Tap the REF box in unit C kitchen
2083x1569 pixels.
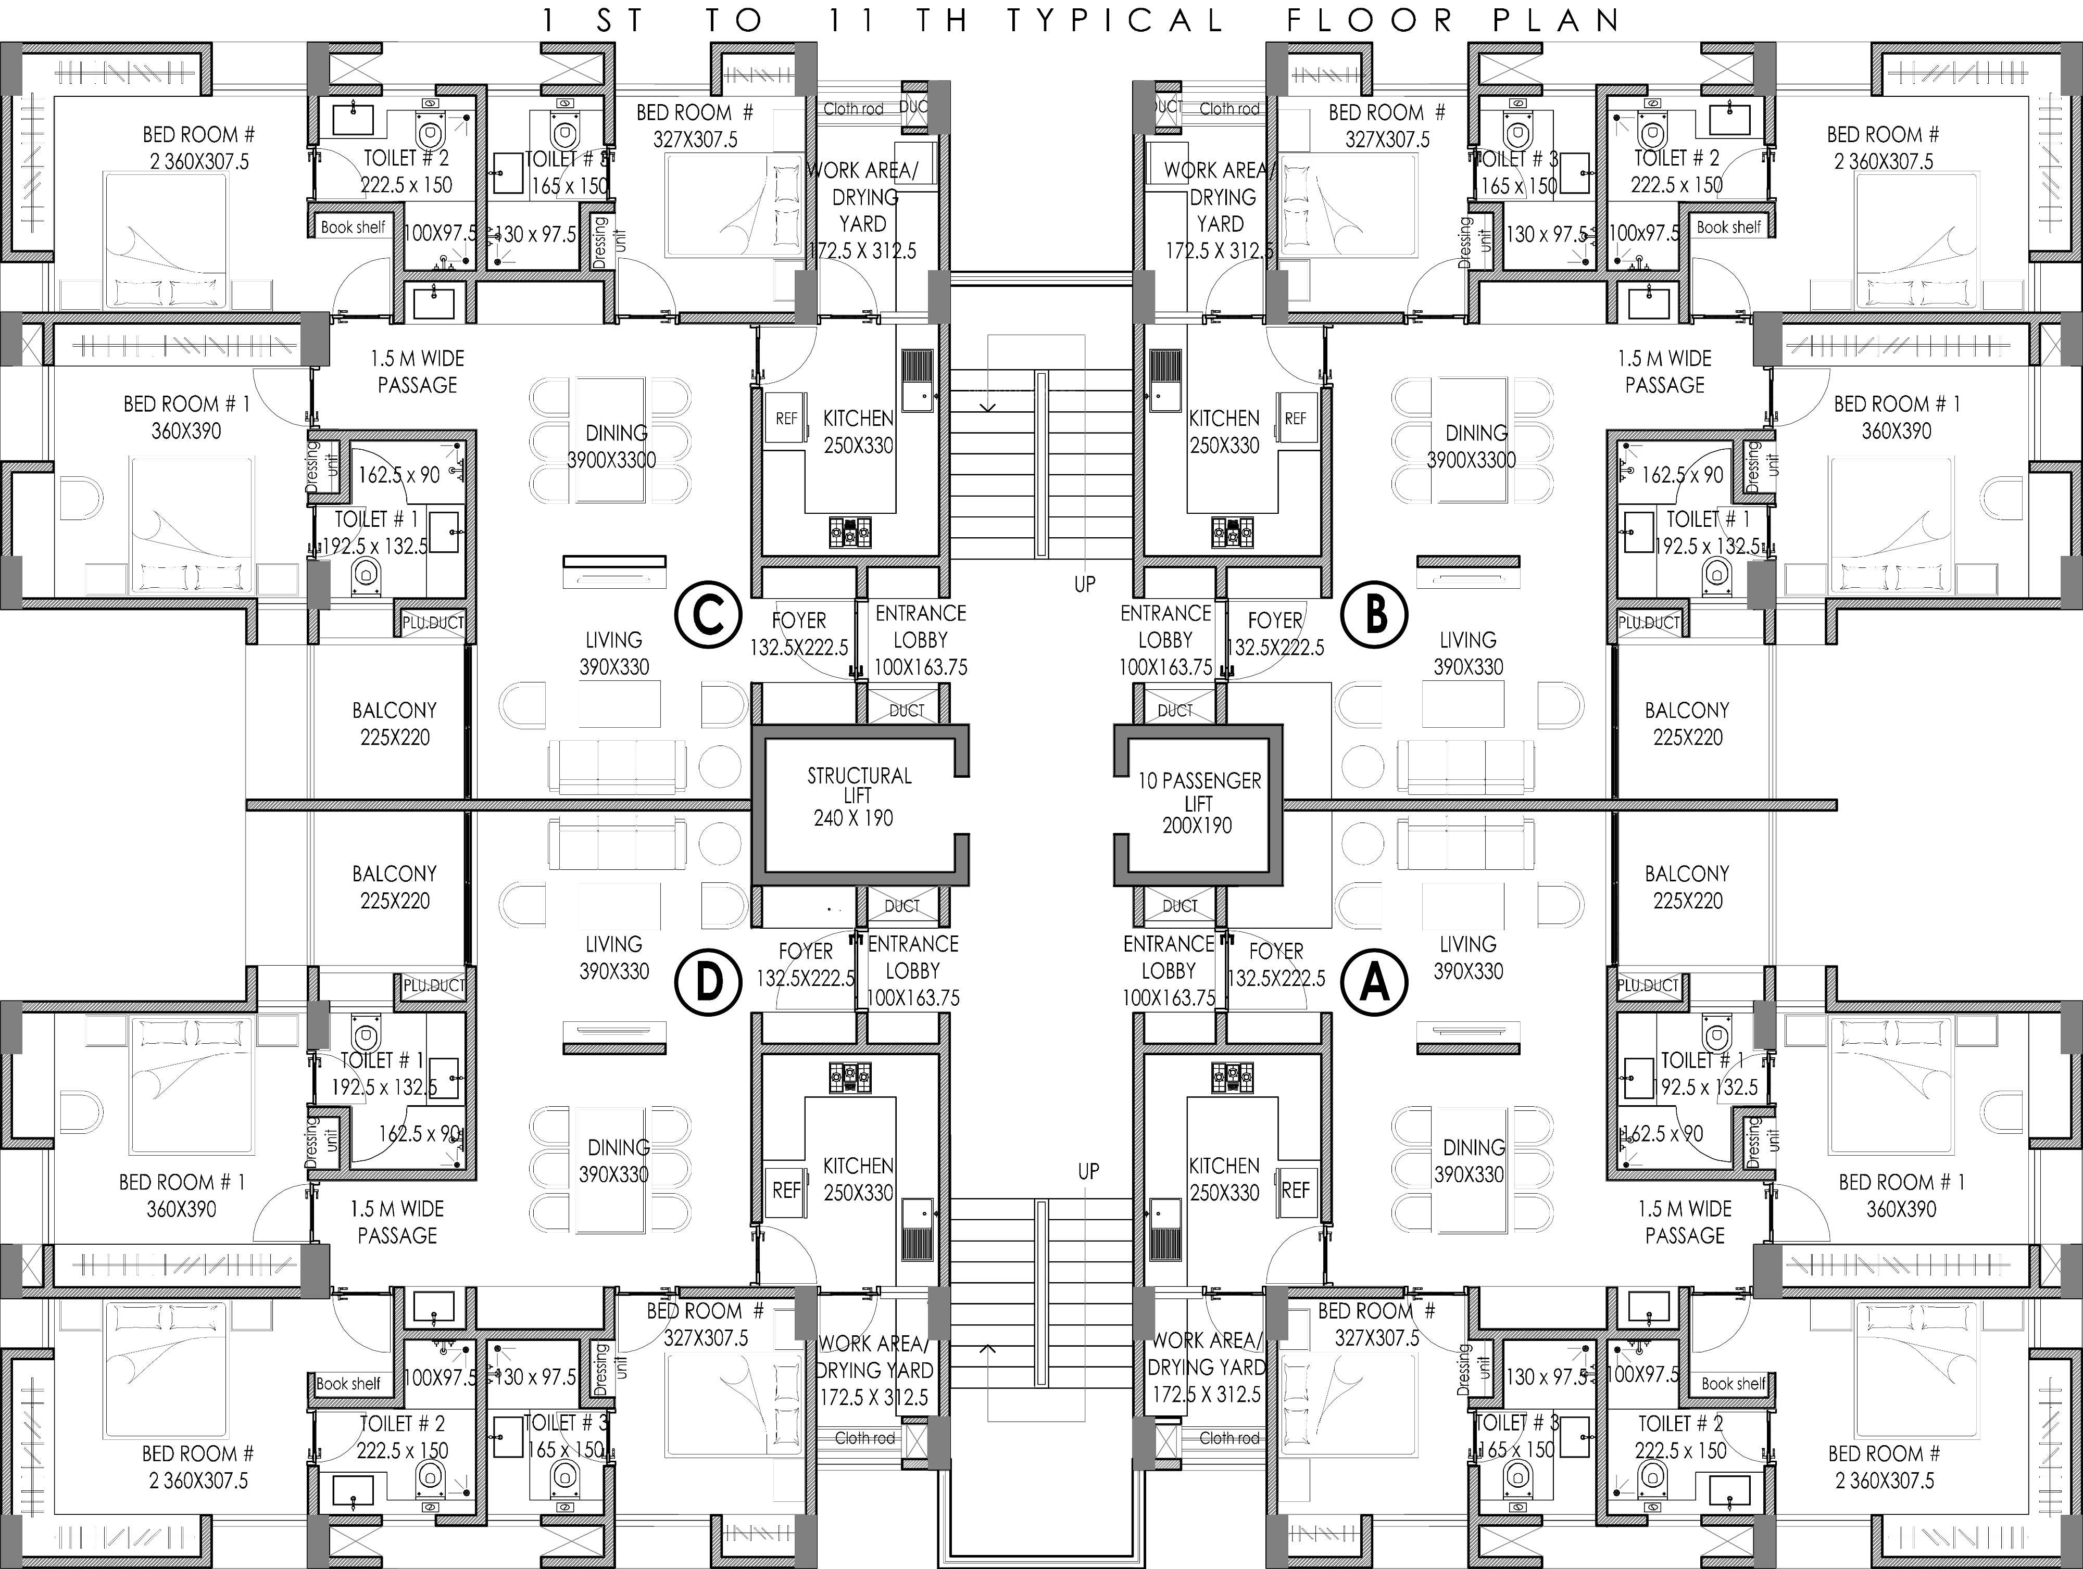click(x=785, y=419)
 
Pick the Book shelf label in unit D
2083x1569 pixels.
click(x=348, y=1384)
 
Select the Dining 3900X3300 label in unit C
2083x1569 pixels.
click(x=614, y=446)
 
